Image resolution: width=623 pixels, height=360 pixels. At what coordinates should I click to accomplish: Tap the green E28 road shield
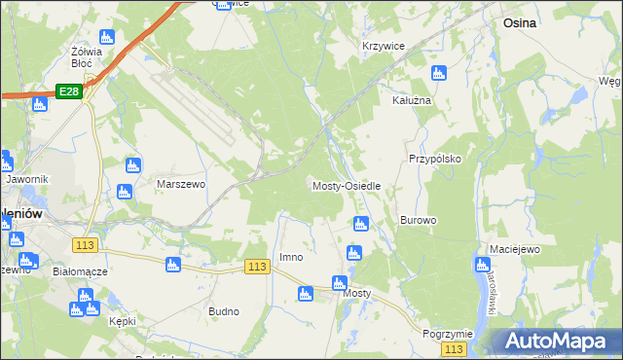tap(67, 90)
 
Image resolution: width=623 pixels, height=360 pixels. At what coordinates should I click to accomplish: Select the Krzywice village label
tap(383, 46)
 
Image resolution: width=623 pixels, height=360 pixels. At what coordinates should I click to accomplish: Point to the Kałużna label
tap(411, 100)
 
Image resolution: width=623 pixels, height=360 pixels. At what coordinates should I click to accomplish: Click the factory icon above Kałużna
tap(439, 73)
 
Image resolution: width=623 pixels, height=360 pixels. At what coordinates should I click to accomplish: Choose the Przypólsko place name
tap(434, 158)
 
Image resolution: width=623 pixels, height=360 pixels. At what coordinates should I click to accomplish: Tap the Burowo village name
tap(418, 220)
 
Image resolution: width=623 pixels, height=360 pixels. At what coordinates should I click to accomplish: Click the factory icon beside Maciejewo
tap(483, 264)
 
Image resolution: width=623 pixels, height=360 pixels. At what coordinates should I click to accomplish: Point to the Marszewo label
tap(181, 182)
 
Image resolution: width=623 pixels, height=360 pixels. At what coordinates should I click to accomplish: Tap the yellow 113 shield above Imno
tap(257, 267)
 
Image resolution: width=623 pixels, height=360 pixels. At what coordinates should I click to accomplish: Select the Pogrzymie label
tap(448, 333)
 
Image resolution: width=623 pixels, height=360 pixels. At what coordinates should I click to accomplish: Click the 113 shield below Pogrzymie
tap(453, 348)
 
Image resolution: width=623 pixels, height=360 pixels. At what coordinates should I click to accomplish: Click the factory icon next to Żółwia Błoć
tap(107, 37)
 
